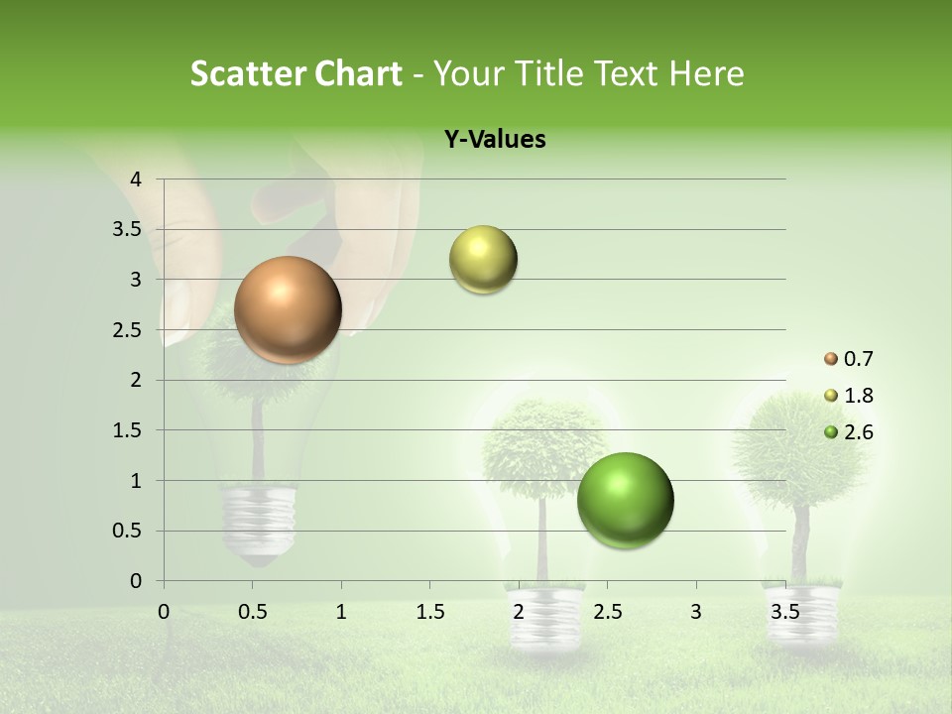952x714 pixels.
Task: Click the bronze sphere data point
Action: coord(288,309)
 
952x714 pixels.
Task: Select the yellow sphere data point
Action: coord(483,260)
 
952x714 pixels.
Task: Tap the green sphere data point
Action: coord(625,500)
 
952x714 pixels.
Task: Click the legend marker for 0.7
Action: coord(831,359)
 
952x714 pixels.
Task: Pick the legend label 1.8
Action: coord(859,396)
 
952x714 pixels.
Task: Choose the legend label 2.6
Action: coord(859,432)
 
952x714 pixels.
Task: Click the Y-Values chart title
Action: coord(495,140)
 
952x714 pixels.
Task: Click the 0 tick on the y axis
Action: coord(137,581)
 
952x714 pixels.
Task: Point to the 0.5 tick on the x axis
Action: coord(253,612)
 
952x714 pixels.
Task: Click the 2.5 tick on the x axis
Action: coord(607,612)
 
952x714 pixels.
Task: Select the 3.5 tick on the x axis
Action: coord(784,612)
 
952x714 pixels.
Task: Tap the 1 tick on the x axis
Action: coord(341,612)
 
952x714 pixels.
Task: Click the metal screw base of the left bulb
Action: coord(259,521)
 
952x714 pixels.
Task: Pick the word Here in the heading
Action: coord(706,73)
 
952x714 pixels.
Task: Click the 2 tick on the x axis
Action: coord(519,612)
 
